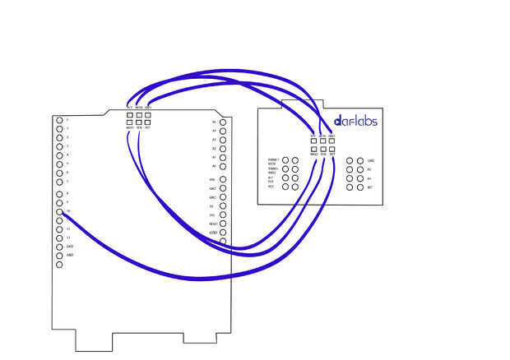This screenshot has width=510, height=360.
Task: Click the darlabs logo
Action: (355, 121)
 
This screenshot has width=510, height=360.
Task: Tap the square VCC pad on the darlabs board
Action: (313, 141)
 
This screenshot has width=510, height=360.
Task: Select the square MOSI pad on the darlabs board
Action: (322, 141)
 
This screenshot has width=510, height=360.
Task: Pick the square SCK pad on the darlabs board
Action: (322, 149)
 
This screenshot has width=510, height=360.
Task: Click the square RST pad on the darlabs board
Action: (331, 149)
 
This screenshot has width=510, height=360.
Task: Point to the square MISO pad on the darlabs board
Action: (313, 149)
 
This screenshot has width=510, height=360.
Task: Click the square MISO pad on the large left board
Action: (129, 122)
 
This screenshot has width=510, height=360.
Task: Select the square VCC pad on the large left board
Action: (129, 114)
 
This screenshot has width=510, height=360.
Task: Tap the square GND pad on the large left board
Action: (147, 114)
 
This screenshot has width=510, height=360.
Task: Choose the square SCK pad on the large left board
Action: (138, 122)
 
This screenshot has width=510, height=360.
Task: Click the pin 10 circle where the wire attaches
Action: (60, 212)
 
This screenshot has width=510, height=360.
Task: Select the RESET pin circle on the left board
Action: (223, 224)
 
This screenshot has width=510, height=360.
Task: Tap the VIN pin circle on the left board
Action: (223, 178)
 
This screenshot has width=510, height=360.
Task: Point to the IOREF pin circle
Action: (223, 233)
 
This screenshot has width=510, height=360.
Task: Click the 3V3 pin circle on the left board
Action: (223, 215)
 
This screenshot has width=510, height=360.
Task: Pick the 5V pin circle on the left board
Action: (223, 205)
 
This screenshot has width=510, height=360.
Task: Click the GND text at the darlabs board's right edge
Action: (371, 160)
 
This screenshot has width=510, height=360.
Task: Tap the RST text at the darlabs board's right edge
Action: (370, 187)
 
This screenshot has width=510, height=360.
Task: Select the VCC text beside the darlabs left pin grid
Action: (271, 187)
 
